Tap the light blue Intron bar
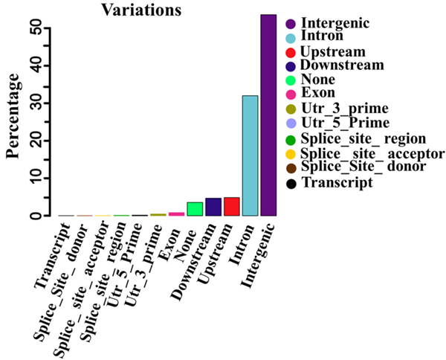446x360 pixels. [250, 155]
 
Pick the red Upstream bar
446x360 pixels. [231, 207]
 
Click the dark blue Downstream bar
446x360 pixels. [213, 207]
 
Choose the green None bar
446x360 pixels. [195, 209]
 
